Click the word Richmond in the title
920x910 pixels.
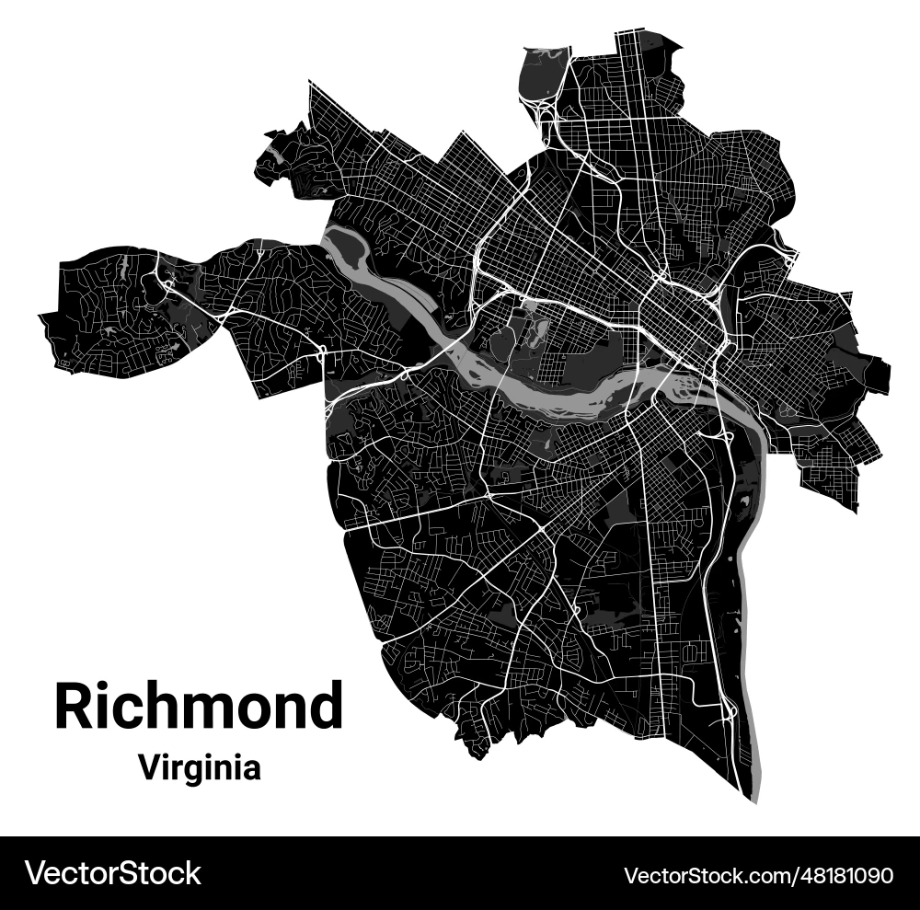pos(198,707)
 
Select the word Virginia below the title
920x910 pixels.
pos(199,766)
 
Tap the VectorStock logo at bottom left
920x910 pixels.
pos(113,872)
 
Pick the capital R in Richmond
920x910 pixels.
pos(73,707)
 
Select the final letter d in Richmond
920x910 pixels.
pos(325,707)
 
